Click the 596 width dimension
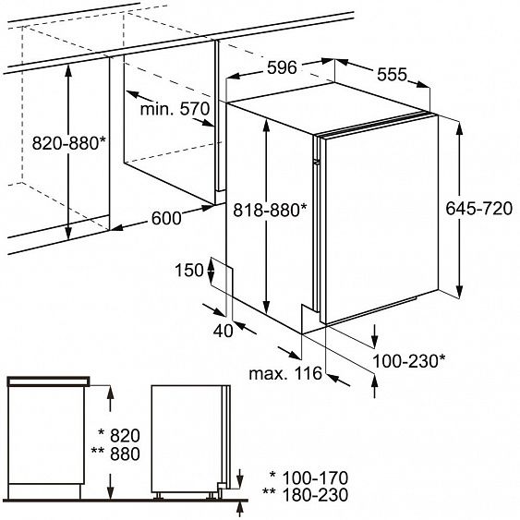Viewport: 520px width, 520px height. tap(282, 68)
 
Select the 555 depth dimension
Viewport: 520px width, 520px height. tap(392, 74)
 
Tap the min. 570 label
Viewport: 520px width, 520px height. tap(175, 109)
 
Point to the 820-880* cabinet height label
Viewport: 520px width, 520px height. tap(69, 143)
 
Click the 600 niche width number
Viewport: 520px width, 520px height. tap(166, 218)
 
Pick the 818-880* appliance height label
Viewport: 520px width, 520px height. tap(271, 210)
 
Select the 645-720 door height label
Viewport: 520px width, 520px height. tap(478, 209)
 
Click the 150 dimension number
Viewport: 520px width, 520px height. tap(189, 270)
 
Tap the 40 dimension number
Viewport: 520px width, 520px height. tap(223, 331)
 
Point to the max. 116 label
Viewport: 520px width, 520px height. tap(285, 373)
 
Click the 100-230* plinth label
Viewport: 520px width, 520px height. tap(409, 361)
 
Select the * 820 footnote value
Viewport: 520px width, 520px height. tap(119, 435)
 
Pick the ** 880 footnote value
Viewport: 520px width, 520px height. tap(115, 453)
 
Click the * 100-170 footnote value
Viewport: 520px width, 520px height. tap(308, 478)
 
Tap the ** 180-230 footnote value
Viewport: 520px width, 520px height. tap(305, 495)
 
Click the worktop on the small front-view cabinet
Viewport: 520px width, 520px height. tap(49, 381)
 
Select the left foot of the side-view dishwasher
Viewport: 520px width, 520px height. tap(158, 495)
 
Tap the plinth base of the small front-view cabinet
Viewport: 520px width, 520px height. tap(44, 491)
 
